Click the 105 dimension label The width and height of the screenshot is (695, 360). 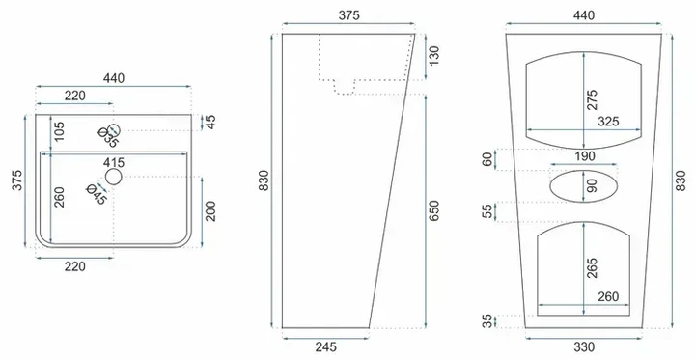59,131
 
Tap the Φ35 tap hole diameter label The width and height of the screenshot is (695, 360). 108,137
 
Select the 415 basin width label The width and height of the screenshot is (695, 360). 114,163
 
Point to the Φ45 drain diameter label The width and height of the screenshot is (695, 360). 97,194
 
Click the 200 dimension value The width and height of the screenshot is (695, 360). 210,211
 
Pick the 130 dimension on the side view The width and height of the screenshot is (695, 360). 433,56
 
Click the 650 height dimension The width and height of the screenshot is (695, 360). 433,210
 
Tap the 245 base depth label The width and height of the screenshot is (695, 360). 326,347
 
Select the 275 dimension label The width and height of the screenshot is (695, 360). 592,99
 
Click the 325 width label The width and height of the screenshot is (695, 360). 608,122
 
